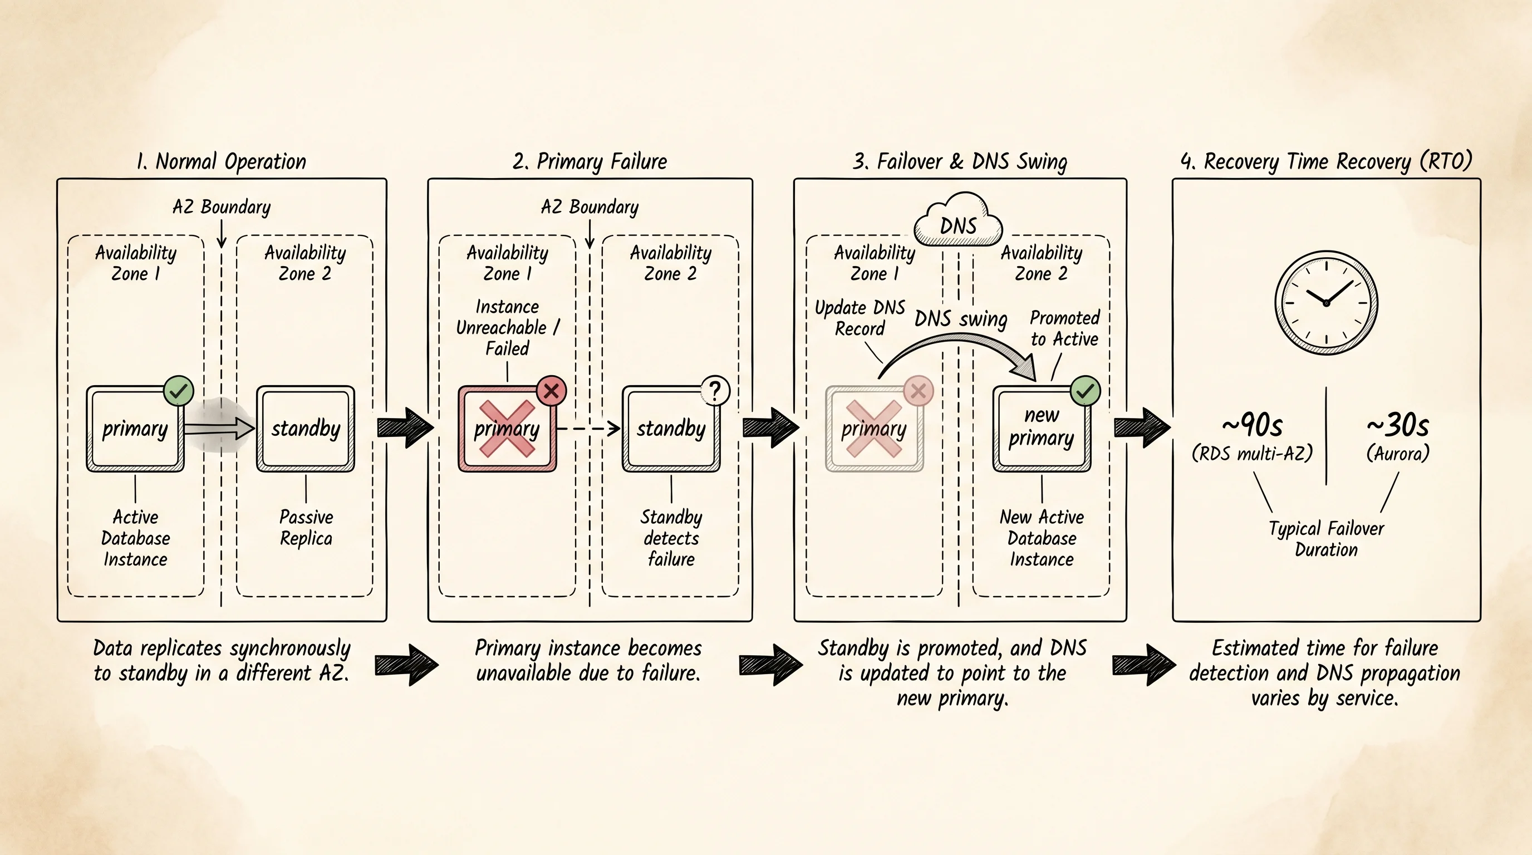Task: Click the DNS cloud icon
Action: tap(958, 220)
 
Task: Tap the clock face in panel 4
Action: tap(1326, 303)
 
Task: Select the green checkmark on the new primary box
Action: tap(1086, 391)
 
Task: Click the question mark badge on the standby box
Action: tap(715, 391)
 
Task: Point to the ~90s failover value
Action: tap(1252, 425)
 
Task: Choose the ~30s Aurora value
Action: tap(1398, 425)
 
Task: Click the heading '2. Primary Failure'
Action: tap(590, 161)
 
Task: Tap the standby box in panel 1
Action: tap(306, 429)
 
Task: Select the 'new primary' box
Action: tap(1042, 429)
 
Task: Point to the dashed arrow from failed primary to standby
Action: tap(588, 428)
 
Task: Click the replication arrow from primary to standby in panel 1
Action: tap(219, 428)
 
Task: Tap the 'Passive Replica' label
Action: tap(306, 527)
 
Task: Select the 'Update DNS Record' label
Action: tap(860, 318)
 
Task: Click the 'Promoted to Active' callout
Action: tap(1064, 328)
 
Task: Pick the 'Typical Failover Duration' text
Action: tap(1326, 539)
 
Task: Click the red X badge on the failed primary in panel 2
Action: tap(551, 391)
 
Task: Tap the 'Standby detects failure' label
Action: tap(671, 538)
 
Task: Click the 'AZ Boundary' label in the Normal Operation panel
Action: tap(221, 207)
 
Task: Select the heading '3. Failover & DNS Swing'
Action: tap(960, 161)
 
